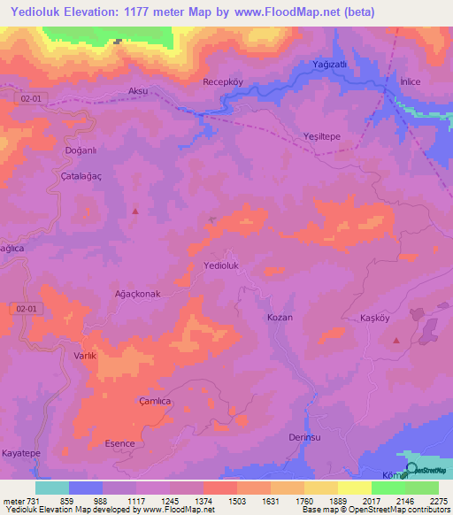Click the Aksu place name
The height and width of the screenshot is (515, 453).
point(138,91)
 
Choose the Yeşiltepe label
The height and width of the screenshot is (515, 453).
point(322,137)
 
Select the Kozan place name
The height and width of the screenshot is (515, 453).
point(280,317)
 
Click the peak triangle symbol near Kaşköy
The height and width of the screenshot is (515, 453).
point(396,341)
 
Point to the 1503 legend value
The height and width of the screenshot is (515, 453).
point(238,500)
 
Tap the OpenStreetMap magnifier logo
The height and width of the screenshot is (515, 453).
point(411,469)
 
